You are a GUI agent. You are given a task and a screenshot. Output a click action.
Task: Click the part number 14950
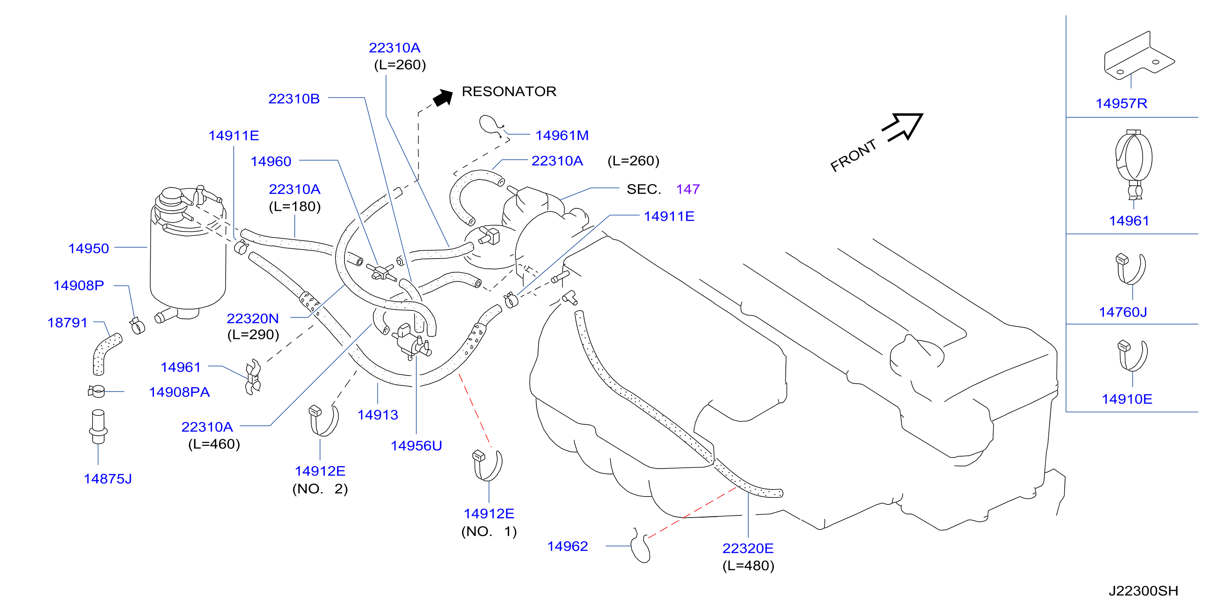click(89, 248)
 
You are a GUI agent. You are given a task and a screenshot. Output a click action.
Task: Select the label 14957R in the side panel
click(1121, 103)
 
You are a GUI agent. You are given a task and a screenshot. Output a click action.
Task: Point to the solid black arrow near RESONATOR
click(443, 98)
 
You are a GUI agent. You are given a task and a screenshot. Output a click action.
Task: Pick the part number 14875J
click(108, 479)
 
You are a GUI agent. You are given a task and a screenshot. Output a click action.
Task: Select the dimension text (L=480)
click(748, 566)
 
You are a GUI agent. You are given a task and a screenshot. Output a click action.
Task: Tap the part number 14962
click(567, 546)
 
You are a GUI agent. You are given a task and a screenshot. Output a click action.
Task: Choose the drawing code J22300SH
click(1143, 591)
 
